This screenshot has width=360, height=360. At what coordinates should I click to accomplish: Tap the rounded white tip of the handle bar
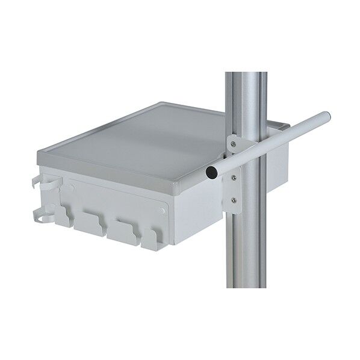click(x=325, y=115)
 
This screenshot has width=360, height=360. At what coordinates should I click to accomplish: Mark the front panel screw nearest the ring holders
click(x=73, y=188)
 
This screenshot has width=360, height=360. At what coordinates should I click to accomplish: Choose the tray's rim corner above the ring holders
click(x=41, y=161)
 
